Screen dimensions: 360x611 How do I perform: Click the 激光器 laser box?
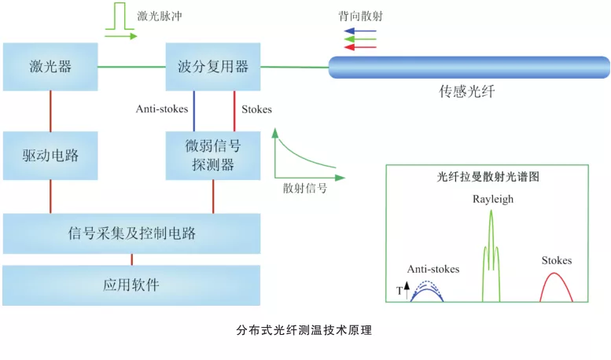[x=50, y=66]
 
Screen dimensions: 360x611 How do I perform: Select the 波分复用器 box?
[x=213, y=66]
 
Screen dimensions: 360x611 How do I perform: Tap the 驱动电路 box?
[x=50, y=156]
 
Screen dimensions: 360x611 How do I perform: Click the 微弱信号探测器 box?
[x=213, y=155]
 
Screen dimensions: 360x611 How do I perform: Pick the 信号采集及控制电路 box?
[x=131, y=233]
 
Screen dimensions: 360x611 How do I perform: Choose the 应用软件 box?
[x=131, y=285]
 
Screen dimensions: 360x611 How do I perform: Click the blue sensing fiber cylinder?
[x=469, y=68]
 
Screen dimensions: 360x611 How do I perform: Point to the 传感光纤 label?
[x=467, y=93]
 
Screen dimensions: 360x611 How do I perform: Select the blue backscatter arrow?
[x=360, y=31]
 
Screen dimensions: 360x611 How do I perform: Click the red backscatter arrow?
[x=360, y=47]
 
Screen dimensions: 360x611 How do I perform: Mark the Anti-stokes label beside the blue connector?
[x=161, y=109]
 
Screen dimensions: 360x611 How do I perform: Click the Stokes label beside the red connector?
[x=256, y=109]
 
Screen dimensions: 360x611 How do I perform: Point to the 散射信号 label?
[x=305, y=189]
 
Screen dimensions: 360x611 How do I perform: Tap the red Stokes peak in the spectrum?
[x=555, y=286]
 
